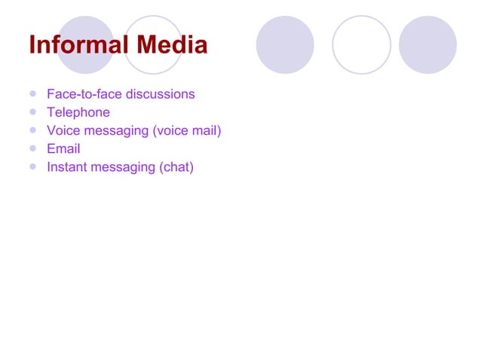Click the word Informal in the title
pos(75,45)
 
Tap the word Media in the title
pos(167,45)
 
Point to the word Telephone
pos(78,112)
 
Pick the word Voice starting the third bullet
pos(63,130)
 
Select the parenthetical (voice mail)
pos(187,131)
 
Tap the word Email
pos(63,149)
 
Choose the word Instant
pos(67,167)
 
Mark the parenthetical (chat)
pos(176,167)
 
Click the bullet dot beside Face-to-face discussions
pos(32,94)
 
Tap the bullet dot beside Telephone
pos(32,112)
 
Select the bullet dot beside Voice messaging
pos(32,130)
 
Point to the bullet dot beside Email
pos(32,149)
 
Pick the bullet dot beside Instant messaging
pos(32,167)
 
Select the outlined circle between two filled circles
pos(361,44)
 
